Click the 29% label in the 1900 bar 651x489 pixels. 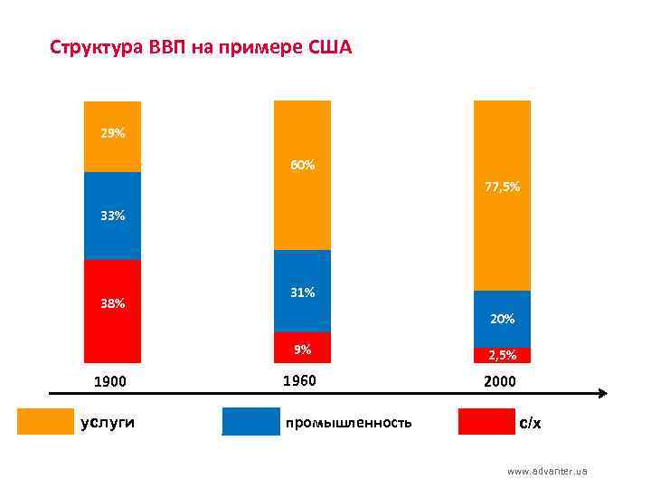point(113,134)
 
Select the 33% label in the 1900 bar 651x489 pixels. point(113,216)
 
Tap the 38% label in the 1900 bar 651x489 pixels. point(113,303)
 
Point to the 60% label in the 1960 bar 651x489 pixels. point(303,165)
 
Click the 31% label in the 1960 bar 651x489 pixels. point(303,292)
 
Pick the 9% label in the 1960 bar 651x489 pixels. point(303,349)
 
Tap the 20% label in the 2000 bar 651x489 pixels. point(503,319)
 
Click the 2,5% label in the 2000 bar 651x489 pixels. point(503,355)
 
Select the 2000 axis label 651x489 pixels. point(500,381)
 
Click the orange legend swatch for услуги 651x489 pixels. point(46,422)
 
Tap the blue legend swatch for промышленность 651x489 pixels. point(251,422)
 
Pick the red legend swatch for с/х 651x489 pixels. point(486,422)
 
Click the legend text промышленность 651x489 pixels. point(348,423)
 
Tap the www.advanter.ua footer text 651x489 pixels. point(547,471)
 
